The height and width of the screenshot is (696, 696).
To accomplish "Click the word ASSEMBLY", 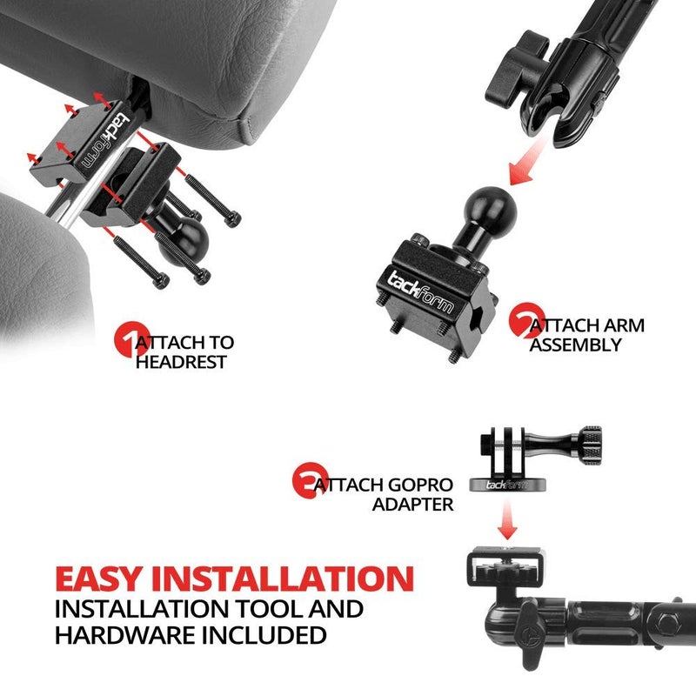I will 577,345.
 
